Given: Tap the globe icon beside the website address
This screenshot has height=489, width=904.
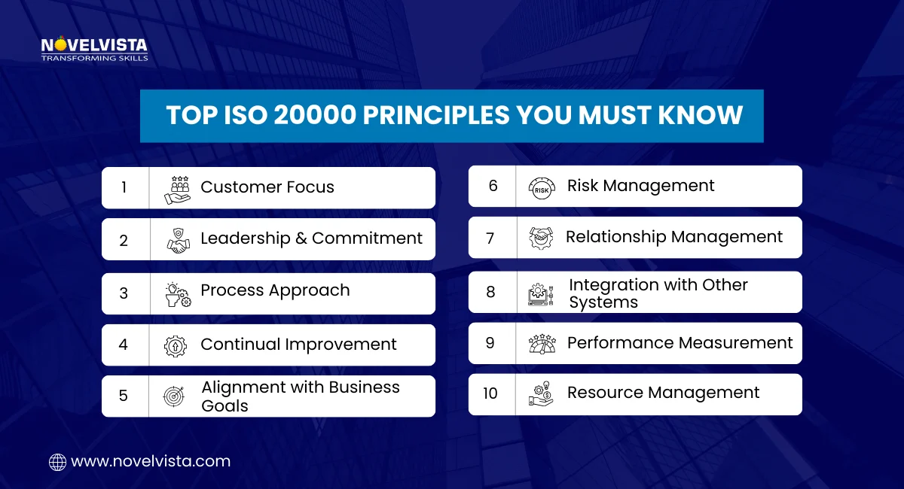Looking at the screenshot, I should click(x=57, y=462).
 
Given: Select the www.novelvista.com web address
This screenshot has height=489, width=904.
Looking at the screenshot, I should click(x=151, y=461).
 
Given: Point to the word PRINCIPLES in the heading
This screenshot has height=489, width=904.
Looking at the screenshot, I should click(x=413, y=115).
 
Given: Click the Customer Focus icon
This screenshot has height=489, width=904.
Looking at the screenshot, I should click(x=178, y=188).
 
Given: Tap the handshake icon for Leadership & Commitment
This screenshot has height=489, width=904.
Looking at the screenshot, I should click(x=178, y=240).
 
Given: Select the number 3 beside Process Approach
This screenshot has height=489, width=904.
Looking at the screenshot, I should click(x=124, y=293).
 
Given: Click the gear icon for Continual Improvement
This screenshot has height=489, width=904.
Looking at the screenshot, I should click(x=175, y=345).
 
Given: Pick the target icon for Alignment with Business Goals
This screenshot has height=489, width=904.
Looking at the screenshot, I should click(x=173, y=396).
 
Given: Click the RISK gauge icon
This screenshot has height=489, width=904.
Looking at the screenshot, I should click(x=542, y=187).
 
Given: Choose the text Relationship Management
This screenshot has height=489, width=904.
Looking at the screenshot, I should click(x=674, y=237).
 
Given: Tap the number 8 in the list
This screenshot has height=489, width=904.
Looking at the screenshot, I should click(x=490, y=292).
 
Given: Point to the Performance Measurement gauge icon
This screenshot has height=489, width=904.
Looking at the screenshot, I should click(x=542, y=344).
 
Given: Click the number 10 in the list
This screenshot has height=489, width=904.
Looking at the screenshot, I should click(x=490, y=393).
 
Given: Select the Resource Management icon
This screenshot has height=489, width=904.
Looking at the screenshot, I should click(x=541, y=394).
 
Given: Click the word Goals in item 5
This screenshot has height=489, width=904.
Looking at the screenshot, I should click(x=224, y=405).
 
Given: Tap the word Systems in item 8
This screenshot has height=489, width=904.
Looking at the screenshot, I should click(x=603, y=302).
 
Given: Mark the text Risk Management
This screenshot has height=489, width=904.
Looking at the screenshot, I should click(x=640, y=186).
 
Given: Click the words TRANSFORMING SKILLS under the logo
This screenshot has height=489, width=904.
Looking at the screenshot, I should click(x=94, y=57).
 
